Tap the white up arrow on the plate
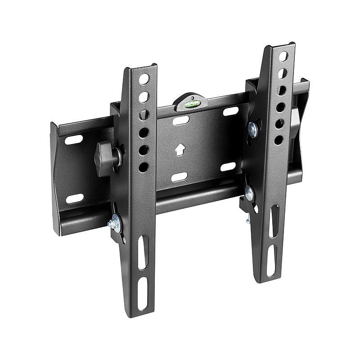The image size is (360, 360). tap(180, 149)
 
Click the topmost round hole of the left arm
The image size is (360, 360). tap(144, 80)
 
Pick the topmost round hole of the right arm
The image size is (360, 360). tap(283, 57)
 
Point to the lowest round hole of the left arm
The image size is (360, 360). tap(144, 167)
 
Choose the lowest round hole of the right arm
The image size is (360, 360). tap(279, 140)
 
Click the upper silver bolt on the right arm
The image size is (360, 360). tap(252, 129)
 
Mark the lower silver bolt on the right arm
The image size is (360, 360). tap(249, 194)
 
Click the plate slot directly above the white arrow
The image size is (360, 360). tap(181, 121)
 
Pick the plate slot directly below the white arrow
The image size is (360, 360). tap(180, 176)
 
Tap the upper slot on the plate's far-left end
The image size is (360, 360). tap(74, 140)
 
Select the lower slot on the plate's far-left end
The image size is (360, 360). tap(75, 198)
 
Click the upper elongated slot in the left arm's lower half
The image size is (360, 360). tap(142, 252)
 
